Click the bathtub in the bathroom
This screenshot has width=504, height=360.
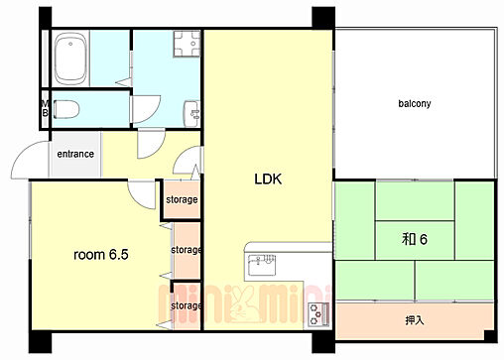(x=70, y=59)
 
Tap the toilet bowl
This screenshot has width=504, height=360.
(x=66, y=109)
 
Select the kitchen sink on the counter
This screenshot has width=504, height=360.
(x=262, y=265)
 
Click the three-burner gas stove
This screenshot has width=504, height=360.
(x=318, y=314)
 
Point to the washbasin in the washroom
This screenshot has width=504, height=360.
(x=191, y=113)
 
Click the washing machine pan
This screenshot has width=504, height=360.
(x=187, y=44)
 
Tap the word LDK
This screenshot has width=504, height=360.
(x=268, y=179)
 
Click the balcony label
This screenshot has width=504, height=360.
(x=415, y=103)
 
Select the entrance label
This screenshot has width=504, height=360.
(x=75, y=154)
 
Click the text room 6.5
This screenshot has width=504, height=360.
(x=101, y=255)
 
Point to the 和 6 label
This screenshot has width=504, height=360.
(x=415, y=239)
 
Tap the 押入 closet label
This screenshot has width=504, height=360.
(x=415, y=320)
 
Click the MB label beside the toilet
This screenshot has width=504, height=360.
(x=45, y=108)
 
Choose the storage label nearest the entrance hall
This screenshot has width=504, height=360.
(x=182, y=199)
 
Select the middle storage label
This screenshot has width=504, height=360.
(x=186, y=250)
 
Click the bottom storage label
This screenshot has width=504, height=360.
(x=186, y=305)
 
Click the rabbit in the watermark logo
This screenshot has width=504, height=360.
(x=244, y=305)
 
